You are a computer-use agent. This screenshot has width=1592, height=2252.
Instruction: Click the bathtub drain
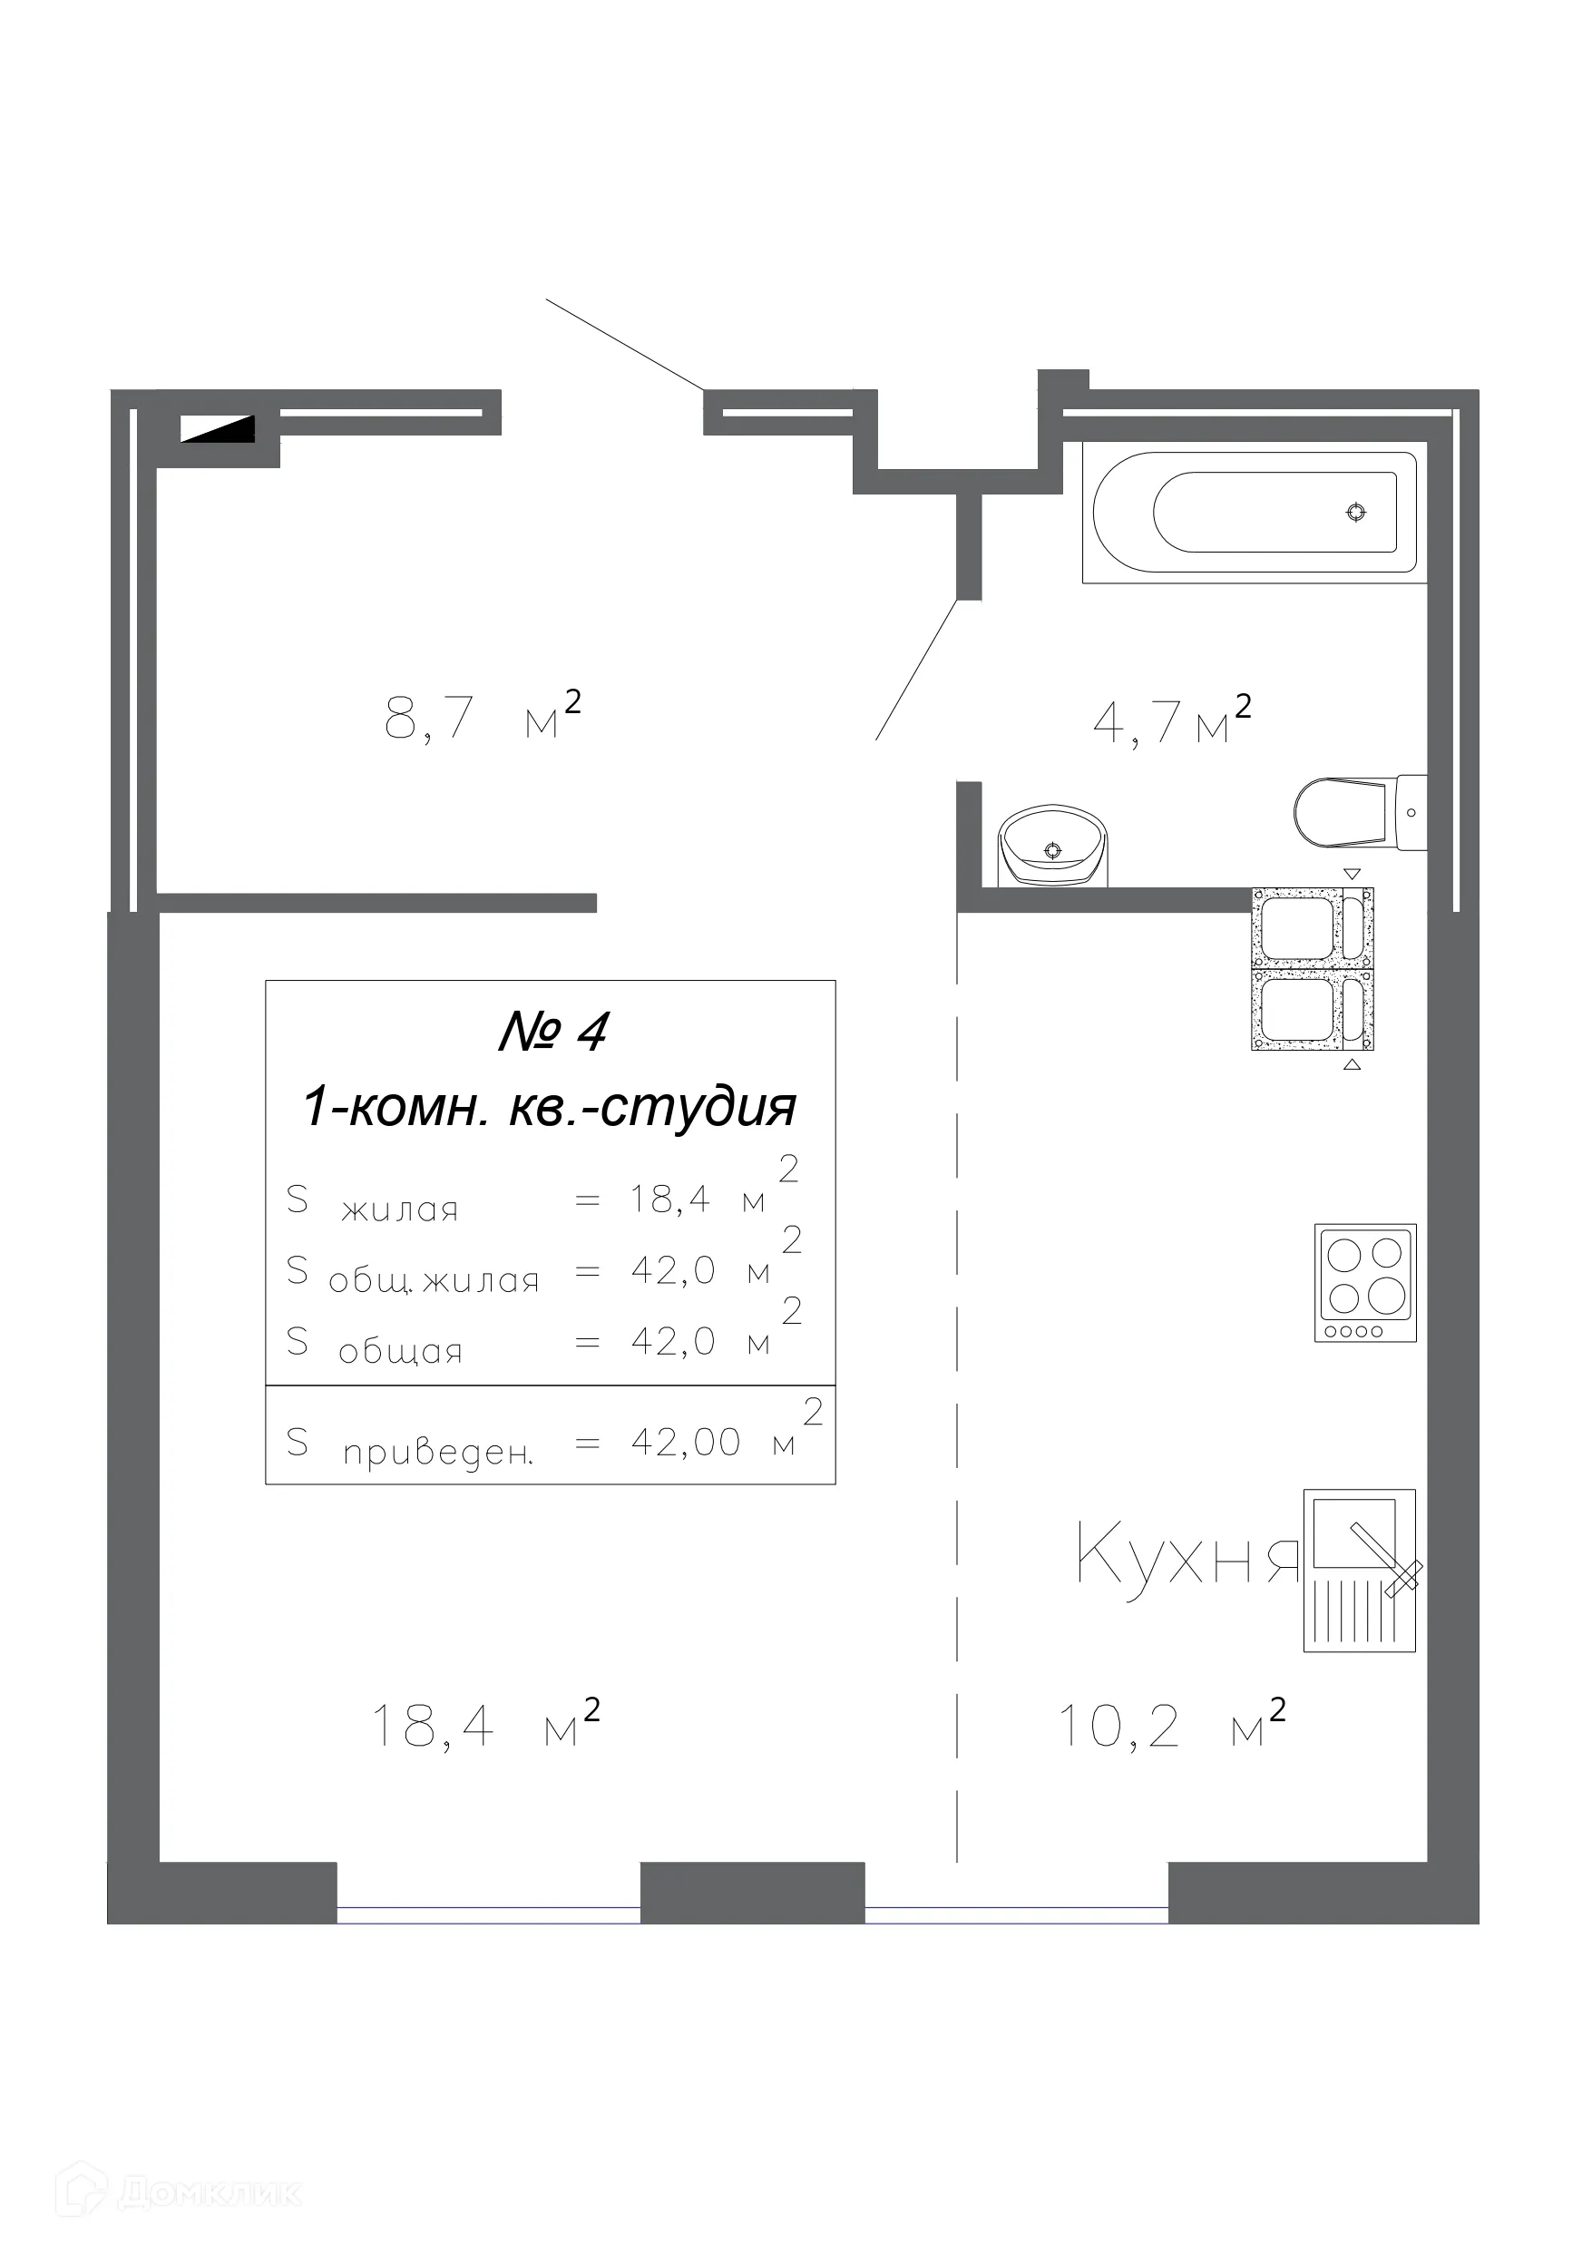click(1355, 512)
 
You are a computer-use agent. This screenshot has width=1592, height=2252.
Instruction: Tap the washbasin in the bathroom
click(1052, 845)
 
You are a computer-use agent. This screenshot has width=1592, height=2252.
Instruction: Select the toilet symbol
click(1359, 811)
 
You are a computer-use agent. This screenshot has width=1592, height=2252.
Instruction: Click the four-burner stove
click(1364, 1282)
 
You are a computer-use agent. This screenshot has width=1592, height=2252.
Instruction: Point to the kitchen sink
click(1359, 1570)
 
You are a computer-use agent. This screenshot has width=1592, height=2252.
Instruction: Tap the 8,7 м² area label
click(482, 717)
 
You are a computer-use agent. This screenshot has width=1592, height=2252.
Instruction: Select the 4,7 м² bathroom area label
click(1171, 721)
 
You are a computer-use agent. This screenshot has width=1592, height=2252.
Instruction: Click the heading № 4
click(553, 1031)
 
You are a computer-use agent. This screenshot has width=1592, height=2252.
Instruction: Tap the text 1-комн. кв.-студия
click(550, 1107)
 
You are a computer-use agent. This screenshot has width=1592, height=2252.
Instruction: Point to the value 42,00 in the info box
click(685, 1443)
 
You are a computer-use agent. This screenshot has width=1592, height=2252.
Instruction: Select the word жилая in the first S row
click(399, 1210)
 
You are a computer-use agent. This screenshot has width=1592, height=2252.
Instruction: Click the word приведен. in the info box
click(437, 1453)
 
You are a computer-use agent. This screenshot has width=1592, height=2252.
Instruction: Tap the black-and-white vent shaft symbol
click(218, 428)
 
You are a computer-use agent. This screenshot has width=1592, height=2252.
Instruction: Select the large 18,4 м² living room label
click(484, 1728)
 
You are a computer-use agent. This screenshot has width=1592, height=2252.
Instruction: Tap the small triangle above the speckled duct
click(1352, 873)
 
